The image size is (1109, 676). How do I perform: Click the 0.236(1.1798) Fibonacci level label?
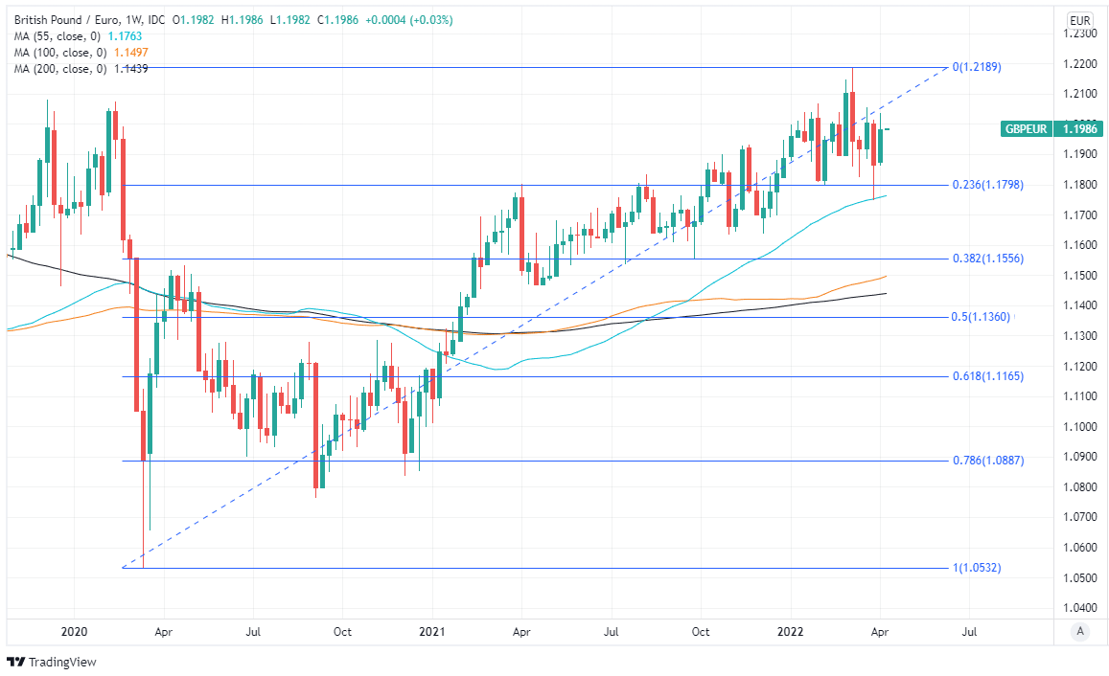point(987,185)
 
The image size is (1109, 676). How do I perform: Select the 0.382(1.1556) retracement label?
point(987,259)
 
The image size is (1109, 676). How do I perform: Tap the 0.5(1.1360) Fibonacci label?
point(982,317)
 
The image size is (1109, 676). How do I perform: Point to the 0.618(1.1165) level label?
point(987,376)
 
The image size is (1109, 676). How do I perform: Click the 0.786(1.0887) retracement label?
point(987,461)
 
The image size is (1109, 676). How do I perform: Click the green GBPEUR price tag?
point(1025,128)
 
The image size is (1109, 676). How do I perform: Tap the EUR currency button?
point(1080,20)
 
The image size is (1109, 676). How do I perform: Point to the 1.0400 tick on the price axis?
point(1081,608)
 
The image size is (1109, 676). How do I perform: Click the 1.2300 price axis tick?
point(1081,34)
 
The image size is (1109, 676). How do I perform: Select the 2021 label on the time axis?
point(431,632)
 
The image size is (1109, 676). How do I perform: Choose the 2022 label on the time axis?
point(789,632)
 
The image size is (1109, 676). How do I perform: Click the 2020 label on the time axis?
point(74,632)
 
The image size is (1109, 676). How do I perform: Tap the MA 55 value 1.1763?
point(125,35)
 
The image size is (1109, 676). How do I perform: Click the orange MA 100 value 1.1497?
point(130,52)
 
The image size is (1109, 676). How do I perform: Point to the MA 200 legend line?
point(77,69)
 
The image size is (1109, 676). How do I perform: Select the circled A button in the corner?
point(1080,631)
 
